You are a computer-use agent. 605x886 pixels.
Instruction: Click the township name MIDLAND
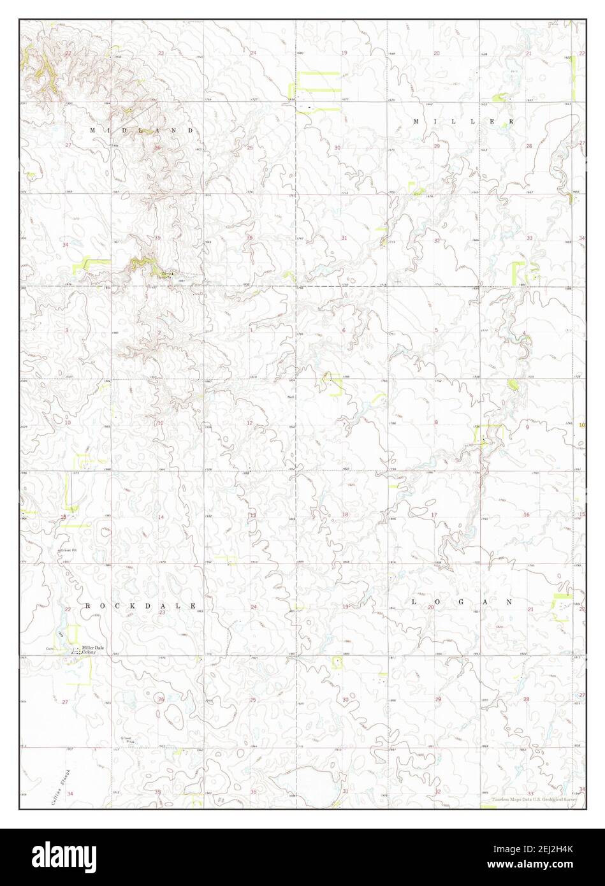(141, 130)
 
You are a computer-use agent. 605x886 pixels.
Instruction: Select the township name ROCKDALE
(140, 606)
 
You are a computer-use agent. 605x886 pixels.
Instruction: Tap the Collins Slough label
(59, 788)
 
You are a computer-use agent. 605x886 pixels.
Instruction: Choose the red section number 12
(249, 423)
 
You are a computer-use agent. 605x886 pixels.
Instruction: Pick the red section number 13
(252, 515)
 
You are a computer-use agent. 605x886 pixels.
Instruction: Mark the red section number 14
(161, 516)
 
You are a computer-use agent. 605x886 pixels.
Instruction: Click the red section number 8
(437, 423)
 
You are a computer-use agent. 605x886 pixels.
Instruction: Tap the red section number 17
(434, 514)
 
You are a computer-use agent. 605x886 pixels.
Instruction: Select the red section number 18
(345, 514)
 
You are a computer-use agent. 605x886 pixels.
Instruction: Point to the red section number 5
(436, 330)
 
